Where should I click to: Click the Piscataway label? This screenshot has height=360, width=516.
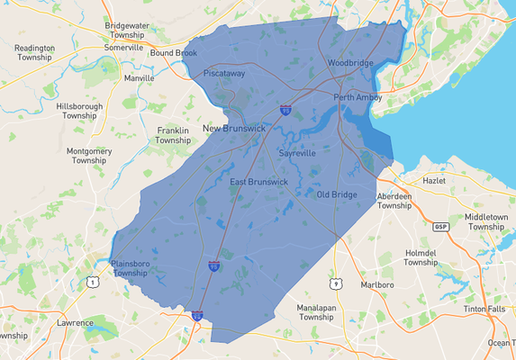[x=224, y=73]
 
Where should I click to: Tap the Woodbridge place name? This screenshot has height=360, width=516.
[x=350, y=63]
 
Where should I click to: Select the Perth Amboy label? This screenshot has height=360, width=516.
[x=358, y=97]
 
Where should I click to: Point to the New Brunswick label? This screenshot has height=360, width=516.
[x=233, y=129]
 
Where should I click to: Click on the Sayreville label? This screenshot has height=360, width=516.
[x=297, y=154]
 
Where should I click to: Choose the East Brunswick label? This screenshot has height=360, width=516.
[x=258, y=182]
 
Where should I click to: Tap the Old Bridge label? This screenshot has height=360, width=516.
[x=337, y=194]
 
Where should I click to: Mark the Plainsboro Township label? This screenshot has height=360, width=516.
[x=130, y=268]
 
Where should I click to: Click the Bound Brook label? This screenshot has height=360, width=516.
[x=173, y=53]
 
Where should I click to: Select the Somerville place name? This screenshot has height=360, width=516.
[x=124, y=47]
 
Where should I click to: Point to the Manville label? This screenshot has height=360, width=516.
[x=139, y=78]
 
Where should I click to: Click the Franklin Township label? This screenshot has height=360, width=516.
[x=173, y=136]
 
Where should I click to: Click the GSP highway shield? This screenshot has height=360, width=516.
[x=440, y=226]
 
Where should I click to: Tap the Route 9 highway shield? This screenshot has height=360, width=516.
[x=336, y=284]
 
